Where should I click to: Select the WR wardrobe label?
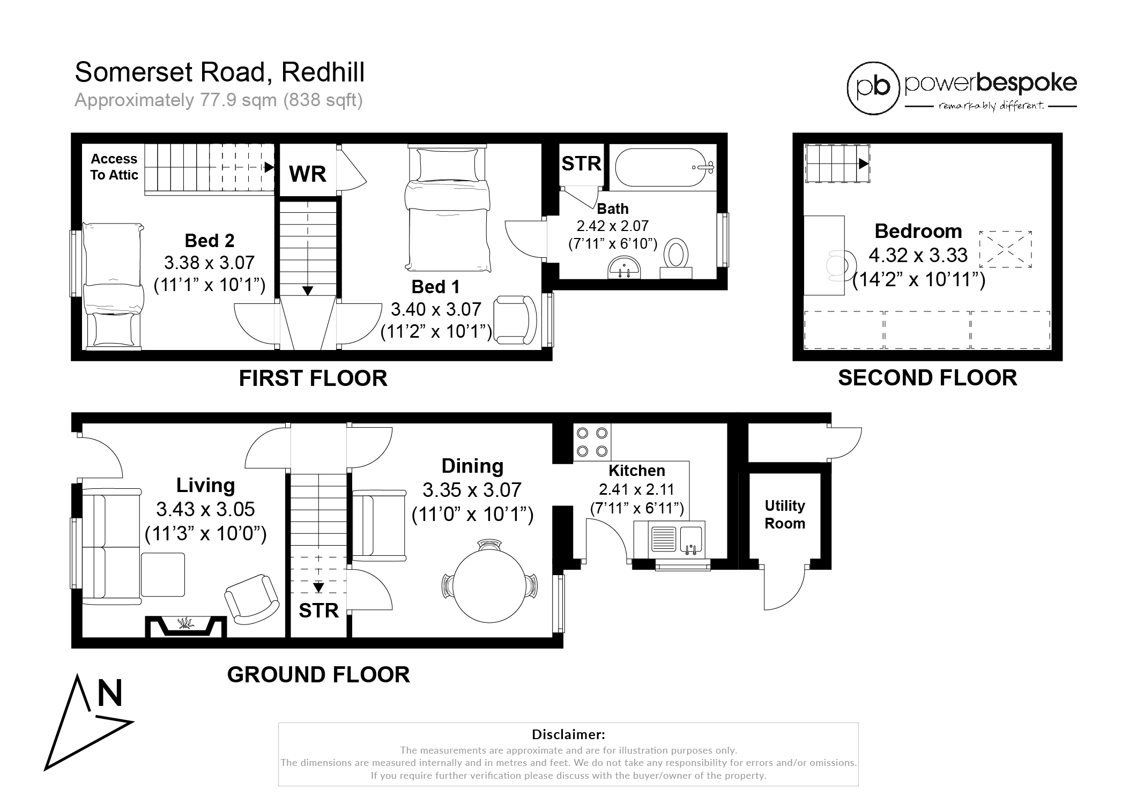click(308, 174)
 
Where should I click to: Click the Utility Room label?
click(785, 515)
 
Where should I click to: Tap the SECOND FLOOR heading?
click(927, 378)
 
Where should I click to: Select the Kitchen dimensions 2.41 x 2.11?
click(636, 489)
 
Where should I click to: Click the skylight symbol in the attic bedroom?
click(1006, 249)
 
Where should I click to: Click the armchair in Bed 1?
click(515, 319)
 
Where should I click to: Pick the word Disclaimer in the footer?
click(568, 734)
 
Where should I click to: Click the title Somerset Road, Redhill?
click(220, 72)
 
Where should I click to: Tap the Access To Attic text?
click(114, 167)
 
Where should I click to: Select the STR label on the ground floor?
click(318, 611)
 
